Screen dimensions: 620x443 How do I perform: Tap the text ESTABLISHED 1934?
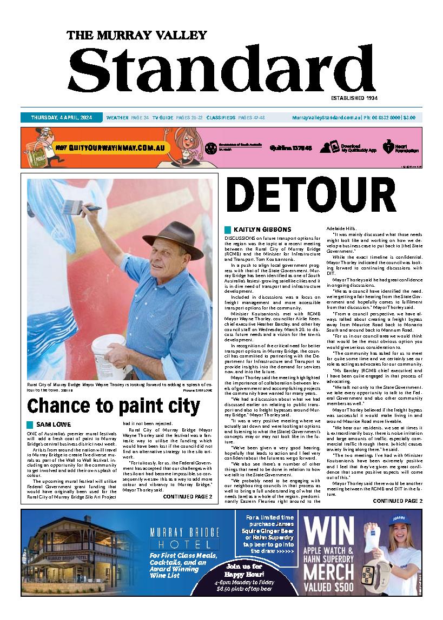(x=354, y=98)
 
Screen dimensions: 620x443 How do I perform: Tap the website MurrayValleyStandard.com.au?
(x=326, y=117)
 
